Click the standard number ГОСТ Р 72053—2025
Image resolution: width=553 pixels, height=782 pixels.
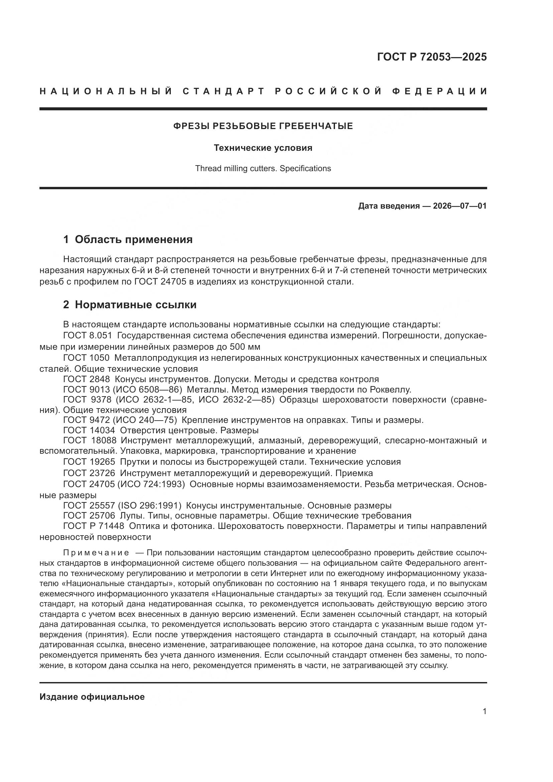(432, 57)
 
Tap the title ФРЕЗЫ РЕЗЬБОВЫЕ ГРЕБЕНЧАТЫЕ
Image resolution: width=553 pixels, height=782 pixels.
(263, 126)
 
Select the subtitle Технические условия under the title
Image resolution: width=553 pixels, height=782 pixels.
(263, 148)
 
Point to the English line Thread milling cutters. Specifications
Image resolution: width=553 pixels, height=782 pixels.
(263, 169)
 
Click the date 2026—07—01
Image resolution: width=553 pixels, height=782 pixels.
(460, 206)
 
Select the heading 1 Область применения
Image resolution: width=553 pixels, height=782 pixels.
(128, 239)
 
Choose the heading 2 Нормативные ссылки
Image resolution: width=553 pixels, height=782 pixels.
(130, 305)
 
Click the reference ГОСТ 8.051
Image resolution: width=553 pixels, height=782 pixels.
(88, 336)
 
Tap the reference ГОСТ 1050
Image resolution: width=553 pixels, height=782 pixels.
(87, 358)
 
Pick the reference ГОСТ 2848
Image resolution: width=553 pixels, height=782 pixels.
(87, 379)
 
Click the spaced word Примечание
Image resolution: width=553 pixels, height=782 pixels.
(96, 552)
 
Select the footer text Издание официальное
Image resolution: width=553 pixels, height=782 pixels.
(92, 697)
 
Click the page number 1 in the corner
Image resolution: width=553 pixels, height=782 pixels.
(484, 711)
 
